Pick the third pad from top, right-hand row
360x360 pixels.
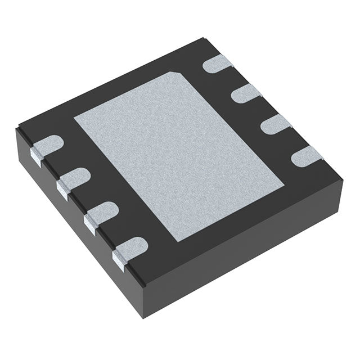[275, 123]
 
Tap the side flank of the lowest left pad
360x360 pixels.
[119, 258]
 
